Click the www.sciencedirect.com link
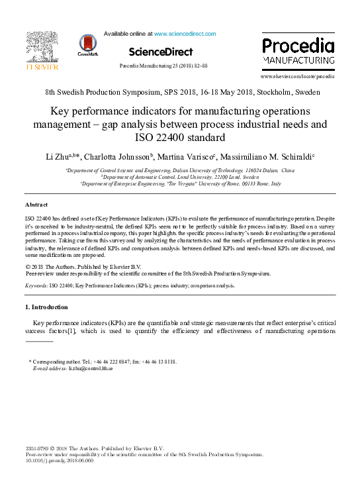point(185,33)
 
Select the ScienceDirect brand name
point(161,52)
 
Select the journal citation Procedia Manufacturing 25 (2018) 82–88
point(163,67)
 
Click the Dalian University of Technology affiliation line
point(180,170)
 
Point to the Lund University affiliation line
point(180,177)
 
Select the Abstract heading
point(37,205)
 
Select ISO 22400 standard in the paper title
point(180,138)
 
